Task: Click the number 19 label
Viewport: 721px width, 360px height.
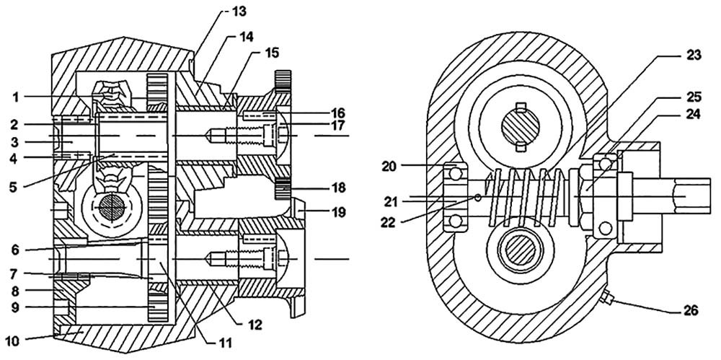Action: pos(338,213)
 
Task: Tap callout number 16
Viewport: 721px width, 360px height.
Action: pos(337,113)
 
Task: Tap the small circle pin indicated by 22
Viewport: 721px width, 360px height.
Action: pos(477,197)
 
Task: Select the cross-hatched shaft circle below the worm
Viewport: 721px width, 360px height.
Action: pos(520,254)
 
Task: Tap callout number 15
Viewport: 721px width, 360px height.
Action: pos(271,53)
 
